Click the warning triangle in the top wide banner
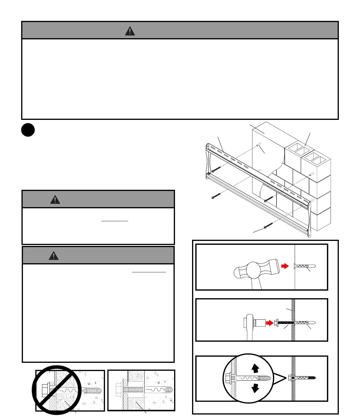130,31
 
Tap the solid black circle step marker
28,130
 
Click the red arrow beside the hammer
285,266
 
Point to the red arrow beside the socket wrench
269,323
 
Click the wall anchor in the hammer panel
305,266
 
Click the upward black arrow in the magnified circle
255,368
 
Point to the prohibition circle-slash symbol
56,390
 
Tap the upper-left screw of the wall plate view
216,169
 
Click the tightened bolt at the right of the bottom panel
303,378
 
